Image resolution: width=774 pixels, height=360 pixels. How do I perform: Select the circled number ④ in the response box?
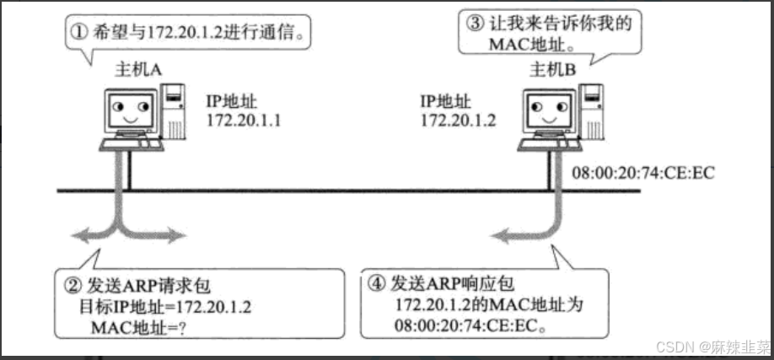(378, 287)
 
